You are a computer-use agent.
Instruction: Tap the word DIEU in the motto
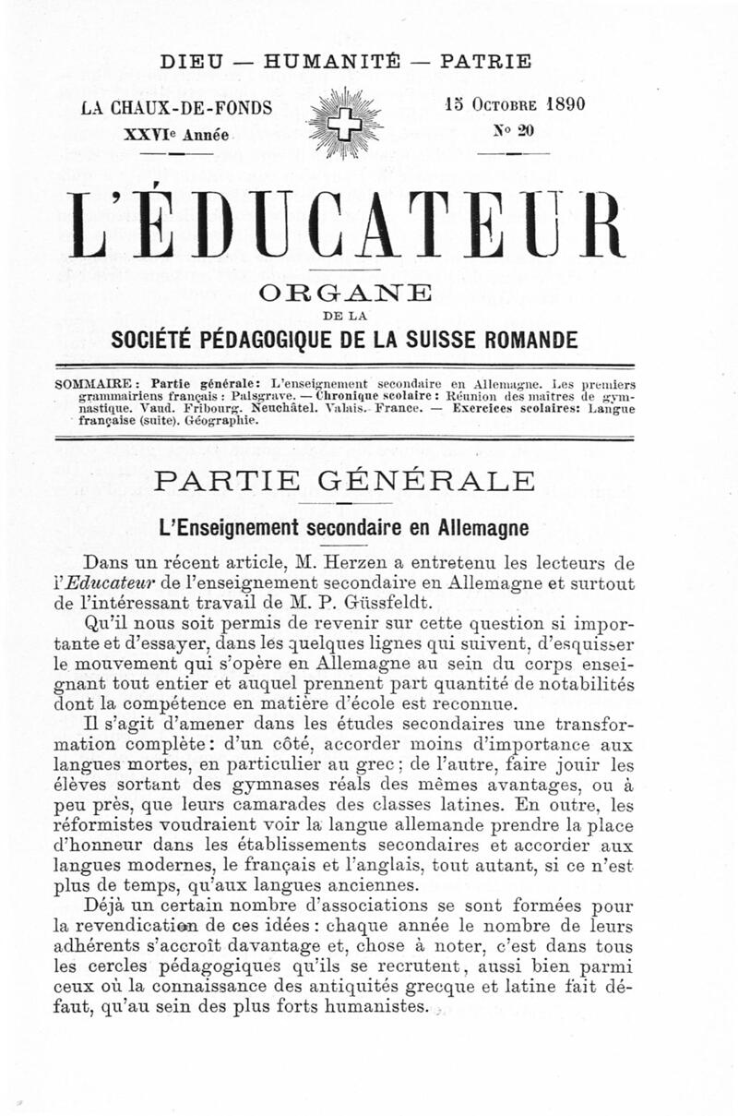191,63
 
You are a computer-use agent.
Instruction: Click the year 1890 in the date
557,104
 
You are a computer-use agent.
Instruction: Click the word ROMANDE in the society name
526,340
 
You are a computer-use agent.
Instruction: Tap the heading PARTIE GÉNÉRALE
345,482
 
